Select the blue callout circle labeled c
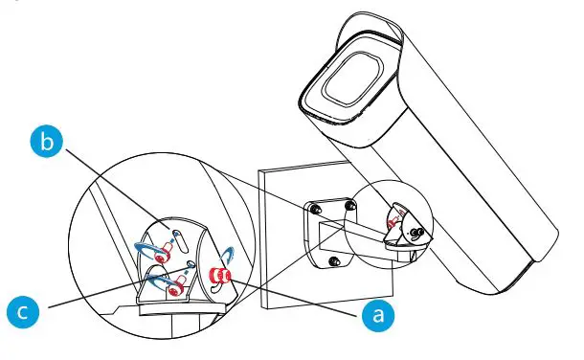click(27, 309)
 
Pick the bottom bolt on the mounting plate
click(331, 261)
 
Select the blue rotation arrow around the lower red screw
click(153, 282)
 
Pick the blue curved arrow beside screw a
click(231, 263)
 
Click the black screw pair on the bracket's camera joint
click(415, 232)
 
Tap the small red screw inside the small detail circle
click(393, 221)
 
